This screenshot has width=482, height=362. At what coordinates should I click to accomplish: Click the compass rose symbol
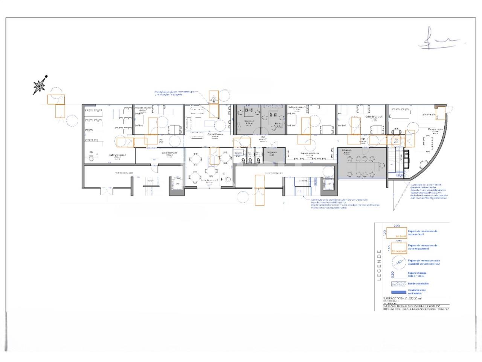click(40, 86)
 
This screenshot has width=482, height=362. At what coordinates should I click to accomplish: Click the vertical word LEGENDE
click(379, 265)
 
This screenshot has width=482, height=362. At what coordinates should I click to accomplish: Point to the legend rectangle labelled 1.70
click(399, 247)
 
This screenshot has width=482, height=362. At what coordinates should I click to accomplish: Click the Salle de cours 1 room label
click(117, 155)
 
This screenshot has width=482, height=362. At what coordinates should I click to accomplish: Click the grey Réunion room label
click(346, 150)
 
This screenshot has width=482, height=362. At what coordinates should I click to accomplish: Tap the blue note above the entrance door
click(175, 93)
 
